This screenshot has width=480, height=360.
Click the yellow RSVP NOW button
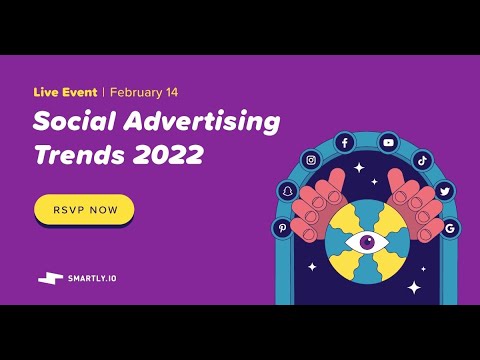click(x=84, y=210)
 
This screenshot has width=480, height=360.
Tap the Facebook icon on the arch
click(x=345, y=143)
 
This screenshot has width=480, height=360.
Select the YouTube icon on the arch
click(x=388, y=143)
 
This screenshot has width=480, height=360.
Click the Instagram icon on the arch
click(x=312, y=160)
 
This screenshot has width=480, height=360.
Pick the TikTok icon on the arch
click(x=422, y=160)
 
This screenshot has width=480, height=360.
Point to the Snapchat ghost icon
click(x=288, y=191)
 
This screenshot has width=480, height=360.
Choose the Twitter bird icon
click(x=445, y=191)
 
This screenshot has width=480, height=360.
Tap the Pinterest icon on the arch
click(x=282, y=228)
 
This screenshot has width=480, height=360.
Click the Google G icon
click(x=450, y=228)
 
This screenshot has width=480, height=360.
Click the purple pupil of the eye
click(x=366, y=241)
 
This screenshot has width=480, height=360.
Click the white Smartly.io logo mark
click(x=50, y=277)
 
